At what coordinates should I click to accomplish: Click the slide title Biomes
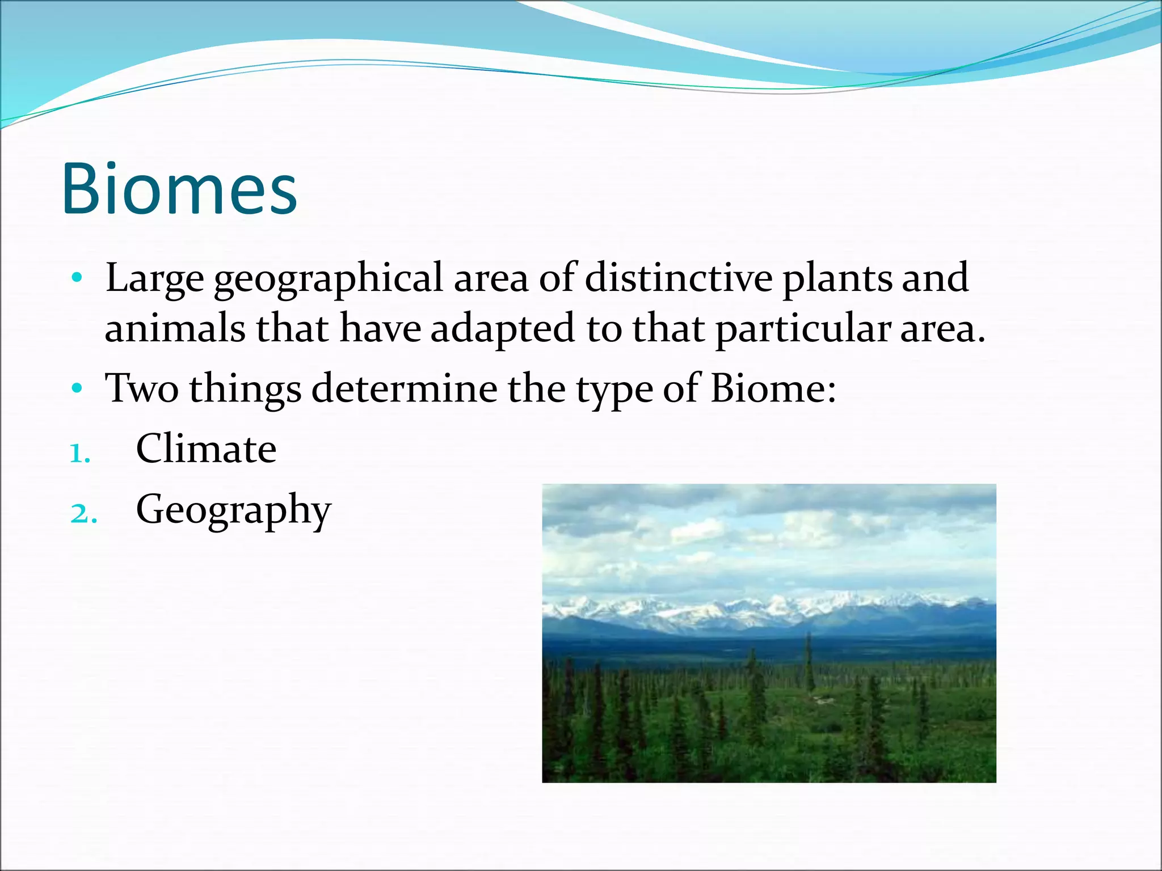(x=179, y=189)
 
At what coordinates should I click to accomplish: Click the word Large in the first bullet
(x=154, y=279)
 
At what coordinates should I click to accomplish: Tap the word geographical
(x=328, y=279)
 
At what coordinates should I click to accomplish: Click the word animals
(x=175, y=329)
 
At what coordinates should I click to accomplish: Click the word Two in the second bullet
(x=142, y=388)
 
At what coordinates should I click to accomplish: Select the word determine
(x=404, y=388)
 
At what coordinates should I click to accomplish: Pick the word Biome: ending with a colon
(x=773, y=388)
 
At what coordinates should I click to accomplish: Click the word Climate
(x=207, y=449)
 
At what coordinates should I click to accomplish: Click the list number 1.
(x=79, y=454)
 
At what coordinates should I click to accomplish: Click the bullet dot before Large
(x=78, y=278)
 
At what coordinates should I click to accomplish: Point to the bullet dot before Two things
(x=78, y=389)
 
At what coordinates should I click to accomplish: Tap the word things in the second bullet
(x=245, y=390)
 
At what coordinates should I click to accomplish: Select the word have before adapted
(x=380, y=329)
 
